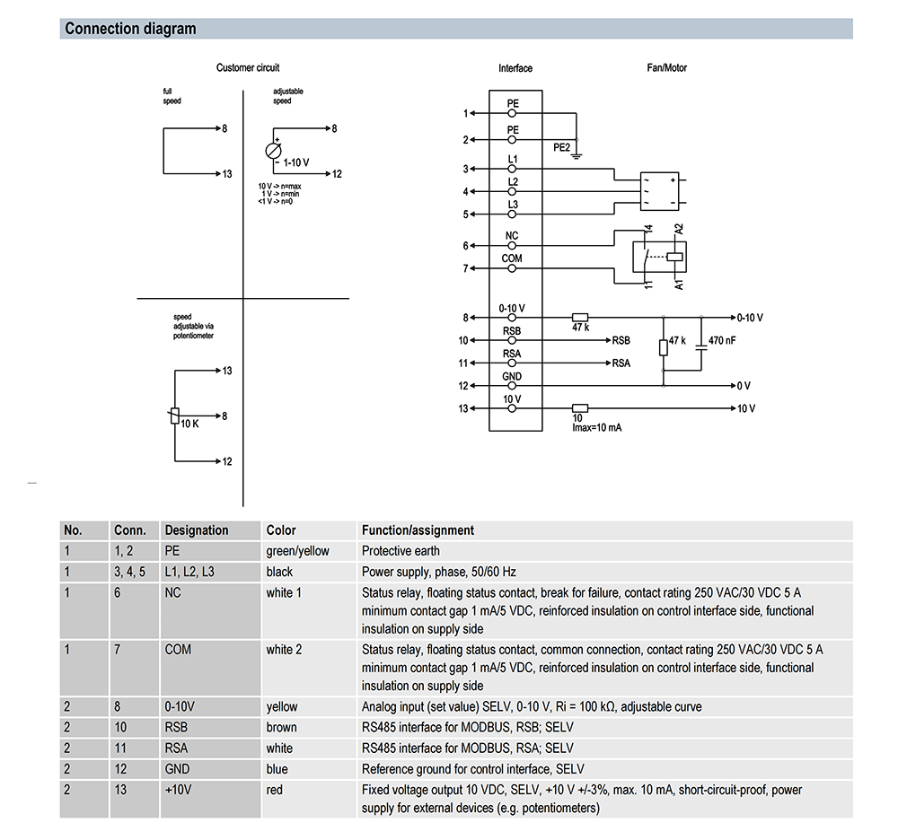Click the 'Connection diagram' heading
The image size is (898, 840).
point(130,29)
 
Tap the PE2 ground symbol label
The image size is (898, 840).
point(561,148)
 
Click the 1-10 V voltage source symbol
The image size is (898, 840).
point(274,151)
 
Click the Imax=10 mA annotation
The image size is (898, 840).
point(597,427)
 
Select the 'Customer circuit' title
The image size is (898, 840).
point(248,67)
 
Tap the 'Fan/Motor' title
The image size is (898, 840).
point(667,67)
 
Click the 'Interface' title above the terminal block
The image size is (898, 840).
point(515,68)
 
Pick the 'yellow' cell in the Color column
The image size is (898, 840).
point(282,706)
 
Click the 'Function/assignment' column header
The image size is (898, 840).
point(418,530)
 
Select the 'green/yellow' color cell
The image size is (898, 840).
point(298,551)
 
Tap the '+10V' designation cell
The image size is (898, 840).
point(180,790)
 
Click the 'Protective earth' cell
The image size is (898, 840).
point(401,551)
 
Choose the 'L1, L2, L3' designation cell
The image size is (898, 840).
point(191,572)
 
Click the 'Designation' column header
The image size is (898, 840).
point(197,530)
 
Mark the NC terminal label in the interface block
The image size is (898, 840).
point(512,236)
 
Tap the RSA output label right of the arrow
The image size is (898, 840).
point(621,363)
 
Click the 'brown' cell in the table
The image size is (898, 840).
point(282,727)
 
